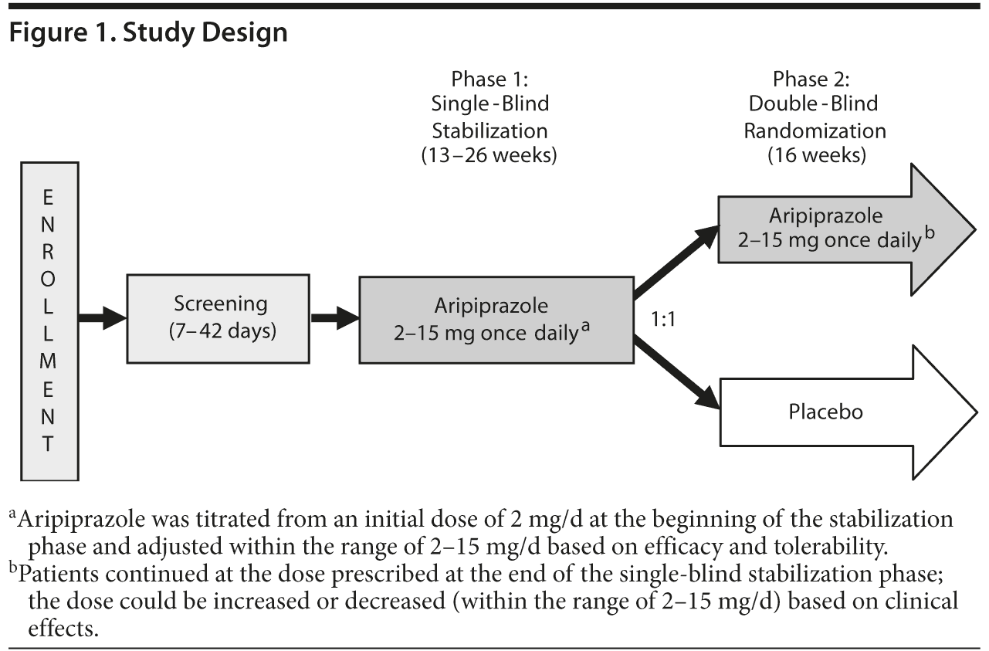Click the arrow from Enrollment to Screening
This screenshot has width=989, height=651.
(x=103, y=317)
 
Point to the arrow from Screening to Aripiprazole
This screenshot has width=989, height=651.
(x=334, y=317)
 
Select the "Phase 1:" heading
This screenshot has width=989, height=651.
(x=489, y=79)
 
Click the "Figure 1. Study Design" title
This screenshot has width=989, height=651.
(x=147, y=33)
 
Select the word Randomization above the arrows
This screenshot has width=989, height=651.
(x=815, y=130)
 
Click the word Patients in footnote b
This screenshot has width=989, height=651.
(x=56, y=575)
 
